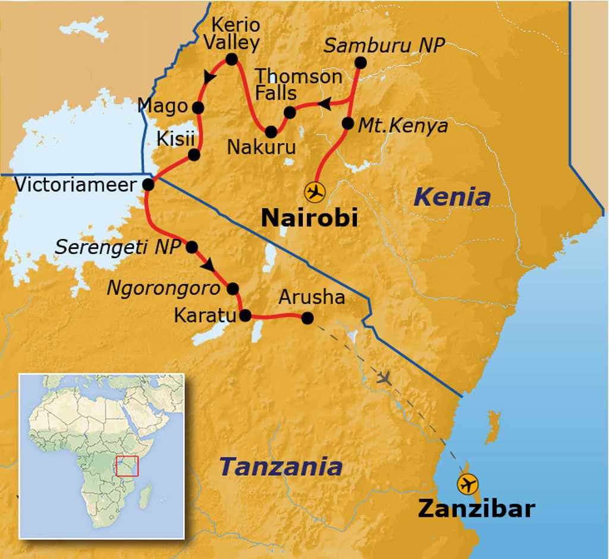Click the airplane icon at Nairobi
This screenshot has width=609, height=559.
click(x=315, y=193)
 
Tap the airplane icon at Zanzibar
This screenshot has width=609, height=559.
click(x=468, y=483)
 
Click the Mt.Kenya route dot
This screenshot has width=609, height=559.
click(x=348, y=123)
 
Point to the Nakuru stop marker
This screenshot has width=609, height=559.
click(x=271, y=131)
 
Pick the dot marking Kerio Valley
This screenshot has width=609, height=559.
click(x=231, y=59)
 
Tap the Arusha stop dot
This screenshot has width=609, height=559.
click(x=307, y=318)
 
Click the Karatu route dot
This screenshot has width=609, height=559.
click(x=245, y=316)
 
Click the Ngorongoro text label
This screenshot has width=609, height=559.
click(x=164, y=288)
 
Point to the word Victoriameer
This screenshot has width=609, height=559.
click(x=76, y=184)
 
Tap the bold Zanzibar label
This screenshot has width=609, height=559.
click(x=476, y=509)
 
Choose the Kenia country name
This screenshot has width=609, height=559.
click(x=453, y=197)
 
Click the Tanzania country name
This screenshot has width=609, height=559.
click(x=281, y=467)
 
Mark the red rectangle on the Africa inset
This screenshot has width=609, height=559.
click(x=127, y=466)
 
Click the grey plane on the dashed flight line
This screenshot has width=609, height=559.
click(x=385, y=378)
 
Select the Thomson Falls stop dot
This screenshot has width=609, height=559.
click(x=290, y=112)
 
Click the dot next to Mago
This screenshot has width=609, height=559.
click(x=198, y=108)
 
